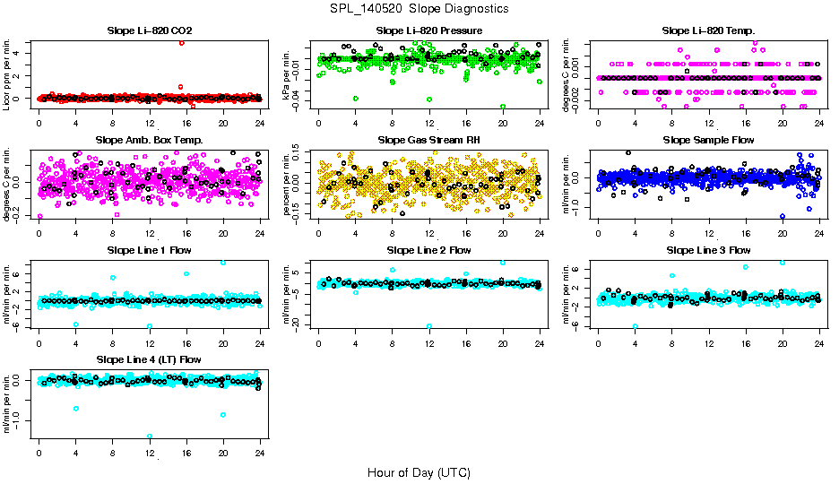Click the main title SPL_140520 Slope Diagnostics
[x=419, y=8]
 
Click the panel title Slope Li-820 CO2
[x=149, y=30]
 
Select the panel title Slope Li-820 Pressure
[x=429, y=30]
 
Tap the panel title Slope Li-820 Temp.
[x=709, y=30]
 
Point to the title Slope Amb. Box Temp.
[x=149, y=140]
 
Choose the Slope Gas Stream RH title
[x=429, y=140]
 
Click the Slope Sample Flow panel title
[x=709, y=140]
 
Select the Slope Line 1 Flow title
[x=149, y=250]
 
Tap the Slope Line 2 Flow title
[x=429, y=250]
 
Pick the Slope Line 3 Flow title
[x=709, y=250]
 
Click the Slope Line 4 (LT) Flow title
[x=149, y=359]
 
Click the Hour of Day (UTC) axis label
[x=419, y=472]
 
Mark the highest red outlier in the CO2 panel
[x=182, y=43]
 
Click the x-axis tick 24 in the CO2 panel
[x=260, y=124]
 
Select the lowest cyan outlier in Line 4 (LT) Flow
[x=150, y=436]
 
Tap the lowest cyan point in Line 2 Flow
[x=429, y=326]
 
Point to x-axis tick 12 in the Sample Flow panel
[x=709, y=233]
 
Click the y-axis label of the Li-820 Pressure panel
[x=289, y=74]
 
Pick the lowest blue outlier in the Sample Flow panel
[x=783, y=216]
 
